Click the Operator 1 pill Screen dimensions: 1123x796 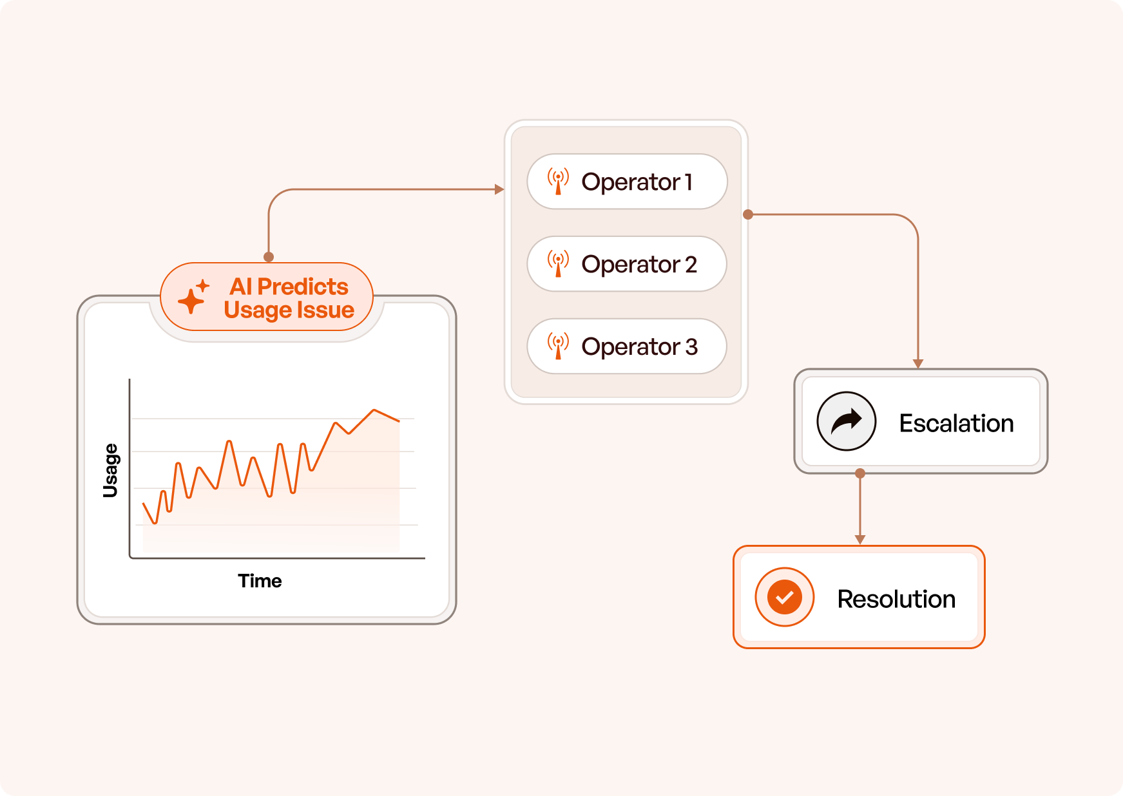pyautogui.click(x=627, y=182)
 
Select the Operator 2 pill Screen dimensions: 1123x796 pyautogui.click(x=627, y=264)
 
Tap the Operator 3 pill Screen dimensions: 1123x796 pyautogui.click(x=627, y=346)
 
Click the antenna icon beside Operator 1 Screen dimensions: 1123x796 pyautogui.click(x=558, y=182)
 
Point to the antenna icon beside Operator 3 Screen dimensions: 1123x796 pyautogui.click(x=558, y=346)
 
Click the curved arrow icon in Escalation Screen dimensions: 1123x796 pyautogui.click(x=847, y=421)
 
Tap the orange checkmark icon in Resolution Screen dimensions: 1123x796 pyautogui.click(x=785, y=597)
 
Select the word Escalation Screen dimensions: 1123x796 pyautogui.click(x=956, y=423)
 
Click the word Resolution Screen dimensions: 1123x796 pyautogui.click(x=896, y=599)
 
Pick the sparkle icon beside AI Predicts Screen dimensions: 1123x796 pyautogui.click(x=194, y=296)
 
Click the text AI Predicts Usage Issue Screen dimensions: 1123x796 pyautogui.click(x=289, y=298)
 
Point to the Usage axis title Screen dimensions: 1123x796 pyautogui.click(x=111, y=470)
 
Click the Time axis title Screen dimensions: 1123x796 pyautogui.click(x=260, y=581)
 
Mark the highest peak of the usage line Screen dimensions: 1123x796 pyautogui.click(x=374, y=410)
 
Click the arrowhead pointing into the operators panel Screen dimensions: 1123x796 pyautogui.click(x=499, y=189)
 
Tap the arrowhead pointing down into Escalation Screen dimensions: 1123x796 pyautogui.click(x=918, y=364)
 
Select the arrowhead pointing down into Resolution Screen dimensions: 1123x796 pyautogui.click(x=860, y=540)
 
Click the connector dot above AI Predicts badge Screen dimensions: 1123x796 pyautogui.click(x=269, y=257)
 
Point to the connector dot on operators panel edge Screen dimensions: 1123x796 pyautogui.click(x=748, y=214)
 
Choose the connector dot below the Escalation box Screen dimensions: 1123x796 pyautogui.click(x=860, y=473)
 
